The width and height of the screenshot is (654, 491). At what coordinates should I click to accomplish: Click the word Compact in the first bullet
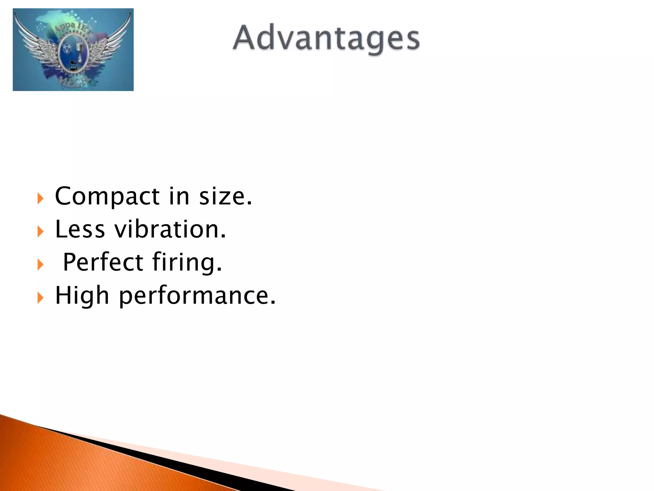click(107, 196)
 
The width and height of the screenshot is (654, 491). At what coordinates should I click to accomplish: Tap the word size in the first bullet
click(225, 196)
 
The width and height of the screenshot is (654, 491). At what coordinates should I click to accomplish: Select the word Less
click(80, 229)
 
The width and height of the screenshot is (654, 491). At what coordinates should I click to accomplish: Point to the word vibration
click(170, 229)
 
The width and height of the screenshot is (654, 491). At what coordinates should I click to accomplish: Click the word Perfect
click(103, 262)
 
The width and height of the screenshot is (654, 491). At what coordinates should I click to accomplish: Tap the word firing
click(186, 262)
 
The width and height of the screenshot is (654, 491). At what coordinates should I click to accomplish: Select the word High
click(82, 295)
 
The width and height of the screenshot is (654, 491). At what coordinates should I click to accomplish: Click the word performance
click(197, 295)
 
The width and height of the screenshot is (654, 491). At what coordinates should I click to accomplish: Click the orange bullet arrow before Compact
click(40, 199)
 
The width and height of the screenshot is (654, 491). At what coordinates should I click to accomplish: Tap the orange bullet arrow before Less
click(40, 231)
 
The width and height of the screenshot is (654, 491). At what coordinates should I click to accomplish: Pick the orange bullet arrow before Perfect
click(40, 265)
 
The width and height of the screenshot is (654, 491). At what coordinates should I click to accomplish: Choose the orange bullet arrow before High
click(40, 298)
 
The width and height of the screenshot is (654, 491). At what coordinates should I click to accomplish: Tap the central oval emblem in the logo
click(73, 53)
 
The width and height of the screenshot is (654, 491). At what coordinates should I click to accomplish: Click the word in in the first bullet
click(179, 196)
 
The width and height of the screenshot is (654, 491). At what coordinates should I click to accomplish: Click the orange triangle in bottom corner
click(64, 460)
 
